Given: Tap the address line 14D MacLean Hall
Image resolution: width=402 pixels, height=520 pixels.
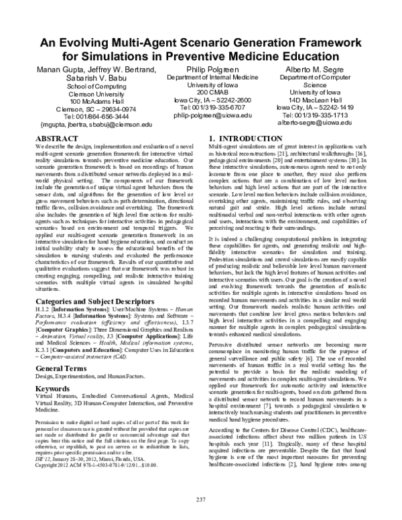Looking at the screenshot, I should (x=310, y=98).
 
